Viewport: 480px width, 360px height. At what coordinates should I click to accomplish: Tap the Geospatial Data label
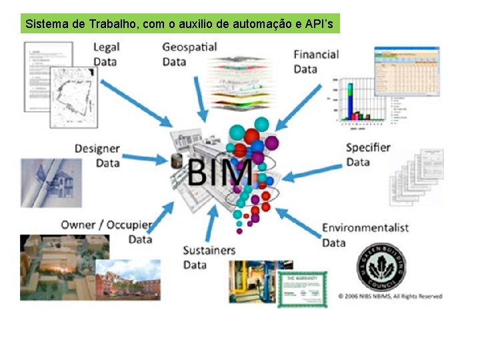(189, 54)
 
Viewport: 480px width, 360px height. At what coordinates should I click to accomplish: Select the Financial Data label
(316, 61)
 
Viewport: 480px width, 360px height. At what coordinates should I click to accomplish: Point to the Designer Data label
(97, 156)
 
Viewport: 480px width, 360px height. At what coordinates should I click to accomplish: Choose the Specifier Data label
(368, 155)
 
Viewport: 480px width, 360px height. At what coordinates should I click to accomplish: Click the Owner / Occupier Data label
(107, 231)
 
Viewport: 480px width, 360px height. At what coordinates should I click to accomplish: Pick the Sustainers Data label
(209, 257)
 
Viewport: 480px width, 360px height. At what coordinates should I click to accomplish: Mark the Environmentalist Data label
(365, 235)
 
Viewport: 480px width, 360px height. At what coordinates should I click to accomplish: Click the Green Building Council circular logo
(383, 266)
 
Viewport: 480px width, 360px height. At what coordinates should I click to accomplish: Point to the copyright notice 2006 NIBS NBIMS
(389, 296)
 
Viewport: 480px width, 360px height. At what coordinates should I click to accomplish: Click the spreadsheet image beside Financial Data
(407, 71)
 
